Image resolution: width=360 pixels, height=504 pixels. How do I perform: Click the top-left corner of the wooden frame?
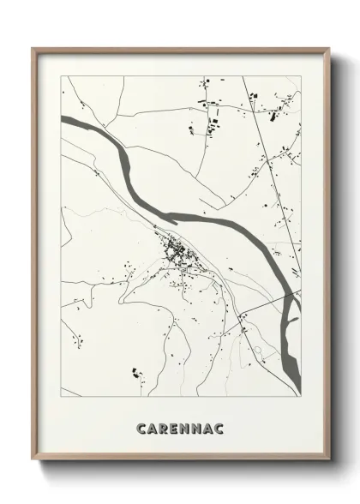[x=33, y=49]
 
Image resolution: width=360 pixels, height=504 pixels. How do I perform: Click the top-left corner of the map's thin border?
[x=61, y=76]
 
